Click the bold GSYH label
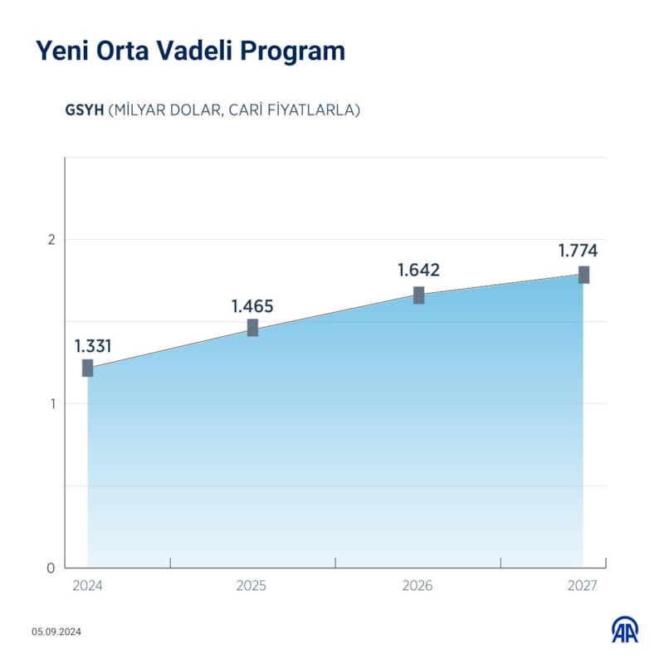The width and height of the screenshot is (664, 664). (x=84, y=110)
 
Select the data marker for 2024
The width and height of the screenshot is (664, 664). (x=88, y=368)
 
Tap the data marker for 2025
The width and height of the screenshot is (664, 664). (x=252, y=328)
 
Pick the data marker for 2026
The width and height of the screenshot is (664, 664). (x=419, y=295)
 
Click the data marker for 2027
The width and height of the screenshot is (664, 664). (x=584, y=275)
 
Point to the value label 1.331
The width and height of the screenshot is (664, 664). (x=93, y=346)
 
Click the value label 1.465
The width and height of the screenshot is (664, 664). (x=252, y=306)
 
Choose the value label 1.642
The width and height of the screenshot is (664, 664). (x=418, y=271)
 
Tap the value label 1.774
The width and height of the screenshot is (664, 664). (x=578, y=251)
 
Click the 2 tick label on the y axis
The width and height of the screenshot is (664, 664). (x=51, y=240)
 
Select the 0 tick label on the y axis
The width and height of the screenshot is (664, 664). (x=51, y=569)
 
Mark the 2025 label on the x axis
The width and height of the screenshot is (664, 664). (x=251, y=586)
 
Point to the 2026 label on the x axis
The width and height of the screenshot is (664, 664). (x=417, y=586)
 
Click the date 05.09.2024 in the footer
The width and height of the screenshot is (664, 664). (x=57, y=632)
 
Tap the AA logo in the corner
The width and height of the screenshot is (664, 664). (x=625, y=630)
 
